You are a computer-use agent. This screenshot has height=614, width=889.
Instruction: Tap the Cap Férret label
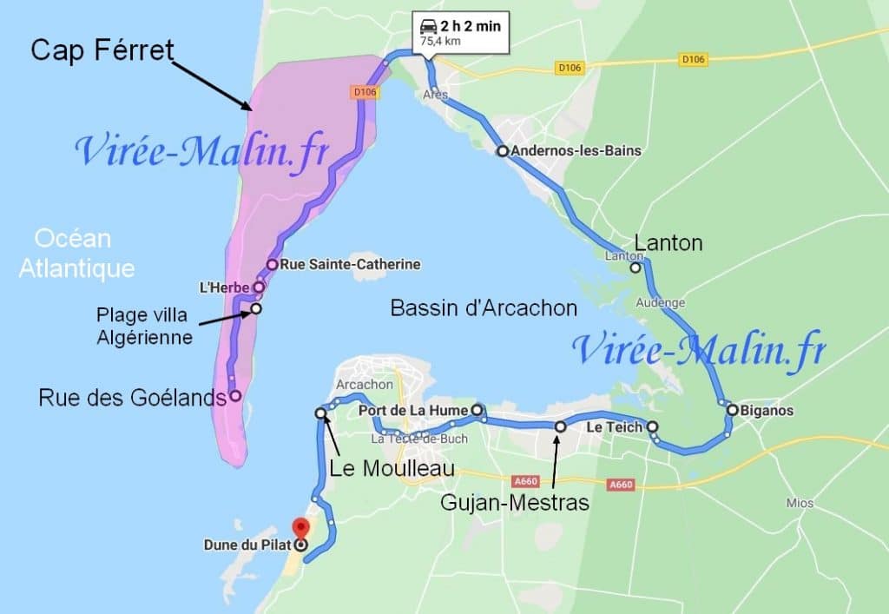[x=102, y=50]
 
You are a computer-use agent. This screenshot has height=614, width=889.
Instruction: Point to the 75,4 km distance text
[x=440, y=40]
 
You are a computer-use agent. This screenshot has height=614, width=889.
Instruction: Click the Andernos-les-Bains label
[x=576, y=151]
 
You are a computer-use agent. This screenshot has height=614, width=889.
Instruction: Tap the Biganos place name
[x=767, y=411]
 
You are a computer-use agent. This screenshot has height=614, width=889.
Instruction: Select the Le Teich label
[x=614, y=427]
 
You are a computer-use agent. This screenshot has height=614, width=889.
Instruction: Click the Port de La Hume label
[x=413, y=410]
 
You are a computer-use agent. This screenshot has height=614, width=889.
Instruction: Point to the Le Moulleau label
[x=392, y=469]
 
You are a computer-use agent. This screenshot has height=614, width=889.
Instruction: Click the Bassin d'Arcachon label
[x=484, y=308]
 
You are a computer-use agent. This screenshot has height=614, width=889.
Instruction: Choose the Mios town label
[x=800, y=504]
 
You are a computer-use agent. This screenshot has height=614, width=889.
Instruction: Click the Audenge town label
[x=660, y=303]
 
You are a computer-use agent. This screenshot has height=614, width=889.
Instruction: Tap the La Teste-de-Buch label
[x=418, y=439]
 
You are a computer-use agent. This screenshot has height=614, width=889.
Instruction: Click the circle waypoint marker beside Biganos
[x=733, y=410]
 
